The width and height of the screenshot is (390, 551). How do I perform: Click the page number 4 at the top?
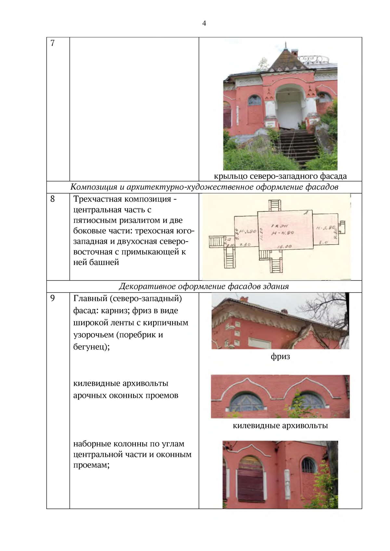(204, 23)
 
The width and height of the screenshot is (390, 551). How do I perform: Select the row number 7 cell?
(53, 43)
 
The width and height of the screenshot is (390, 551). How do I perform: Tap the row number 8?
(53, 199)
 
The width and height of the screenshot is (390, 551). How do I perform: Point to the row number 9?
(53, 298)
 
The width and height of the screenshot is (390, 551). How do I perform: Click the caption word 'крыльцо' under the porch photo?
(230, 176)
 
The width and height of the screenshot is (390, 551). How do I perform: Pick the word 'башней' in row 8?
(104, 262)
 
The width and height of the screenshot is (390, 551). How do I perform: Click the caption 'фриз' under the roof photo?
(280, 357)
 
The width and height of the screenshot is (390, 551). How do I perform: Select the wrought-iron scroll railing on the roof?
(314, 59)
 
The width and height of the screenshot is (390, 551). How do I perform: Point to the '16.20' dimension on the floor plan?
(284, 247)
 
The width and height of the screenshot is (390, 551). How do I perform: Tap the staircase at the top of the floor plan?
(275, 206)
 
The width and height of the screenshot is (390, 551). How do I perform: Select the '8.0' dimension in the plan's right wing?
(324, 242)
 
